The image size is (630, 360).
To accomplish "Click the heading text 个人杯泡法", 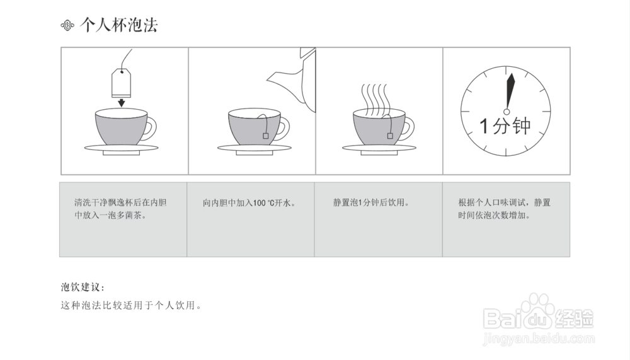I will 119,25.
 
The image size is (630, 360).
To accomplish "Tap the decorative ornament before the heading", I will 68,26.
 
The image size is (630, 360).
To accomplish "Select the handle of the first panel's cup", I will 151,128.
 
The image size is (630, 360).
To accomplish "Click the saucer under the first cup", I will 121,149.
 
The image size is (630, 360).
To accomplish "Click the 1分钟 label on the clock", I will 505,125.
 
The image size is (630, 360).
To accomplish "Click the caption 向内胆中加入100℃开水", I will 249,204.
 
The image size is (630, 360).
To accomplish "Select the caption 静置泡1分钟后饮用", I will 372,204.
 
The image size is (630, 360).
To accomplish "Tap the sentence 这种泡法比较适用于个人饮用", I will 131,306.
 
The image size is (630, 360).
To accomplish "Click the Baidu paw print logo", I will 537,308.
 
